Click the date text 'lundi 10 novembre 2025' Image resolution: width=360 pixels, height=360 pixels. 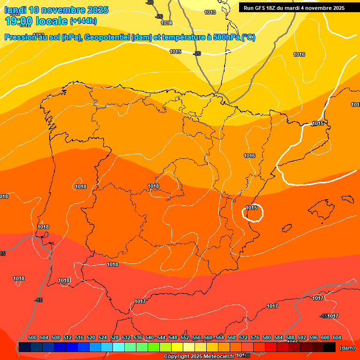[x=56, y=10]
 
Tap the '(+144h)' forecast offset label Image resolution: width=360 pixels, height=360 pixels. [x=83, y=21]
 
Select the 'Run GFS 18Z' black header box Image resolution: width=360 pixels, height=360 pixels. [x=294, y=7]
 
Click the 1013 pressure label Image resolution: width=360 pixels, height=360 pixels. [x=210, y=12]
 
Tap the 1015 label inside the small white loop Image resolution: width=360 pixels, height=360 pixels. [x=252, y=208]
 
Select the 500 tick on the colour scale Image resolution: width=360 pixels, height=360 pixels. [x=32, y=337]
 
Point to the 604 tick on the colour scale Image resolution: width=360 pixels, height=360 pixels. [x=337, y=337]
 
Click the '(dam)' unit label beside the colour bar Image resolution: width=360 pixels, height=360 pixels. [x=347, y=348]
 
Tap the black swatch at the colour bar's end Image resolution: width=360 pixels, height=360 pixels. [x=330, y=347]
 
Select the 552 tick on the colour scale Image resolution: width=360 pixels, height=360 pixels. [x=185, y=337]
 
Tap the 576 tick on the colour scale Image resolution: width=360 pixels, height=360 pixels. [x=255, y=337]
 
